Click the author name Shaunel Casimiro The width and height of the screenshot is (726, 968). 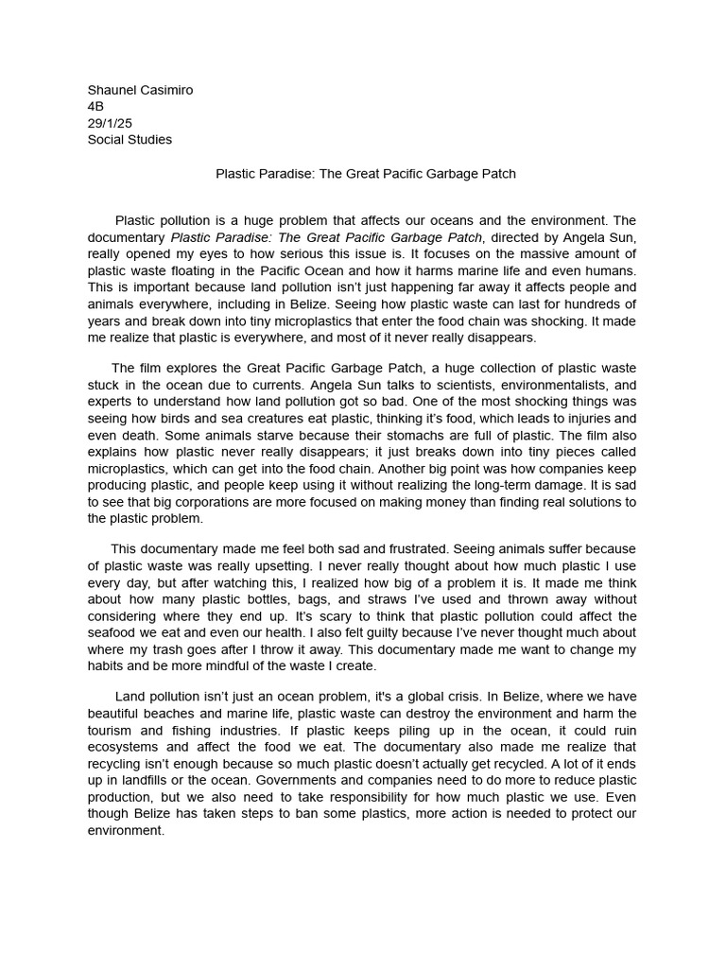point(140,90)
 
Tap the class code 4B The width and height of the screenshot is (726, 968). point(95,107)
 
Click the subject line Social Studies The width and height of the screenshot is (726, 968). point(130,140)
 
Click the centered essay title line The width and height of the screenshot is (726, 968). point(366,174)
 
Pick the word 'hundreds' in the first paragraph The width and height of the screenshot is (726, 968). point(593,303)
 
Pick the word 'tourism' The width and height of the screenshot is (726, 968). point(112,730)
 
